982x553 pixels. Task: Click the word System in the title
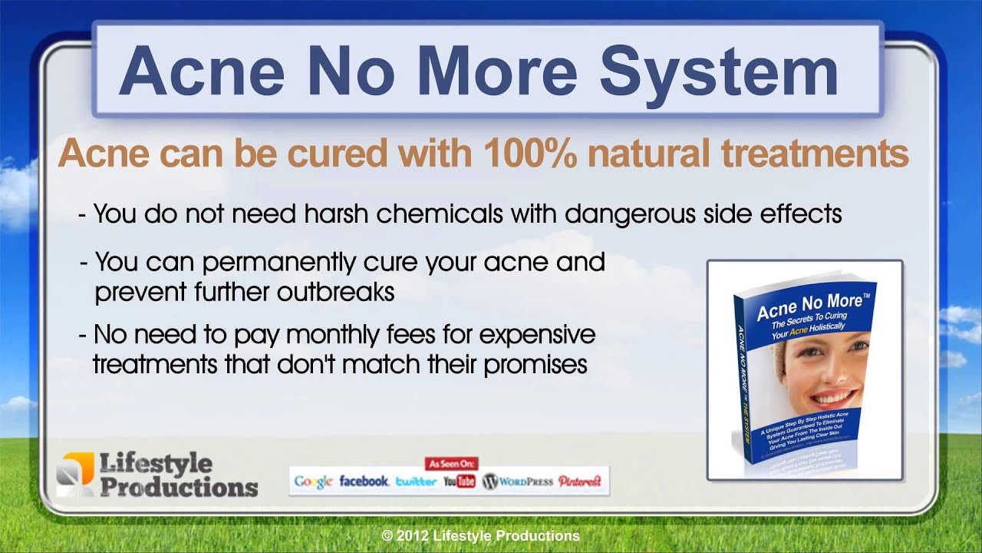[x=718, y=72]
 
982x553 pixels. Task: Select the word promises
[x=535, y=364]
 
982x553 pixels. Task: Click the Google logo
[x=313, y=482]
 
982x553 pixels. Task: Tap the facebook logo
[x=364, y=482]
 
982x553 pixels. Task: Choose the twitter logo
[x=416, y=482]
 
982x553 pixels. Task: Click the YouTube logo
[x=460, y=482]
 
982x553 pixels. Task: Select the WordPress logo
[x=517, y=482]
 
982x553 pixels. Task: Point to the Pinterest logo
[x=580, y=482]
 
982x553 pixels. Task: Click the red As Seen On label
[x=452, y=463]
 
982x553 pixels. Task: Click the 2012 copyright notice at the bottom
[x=481, y=535]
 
